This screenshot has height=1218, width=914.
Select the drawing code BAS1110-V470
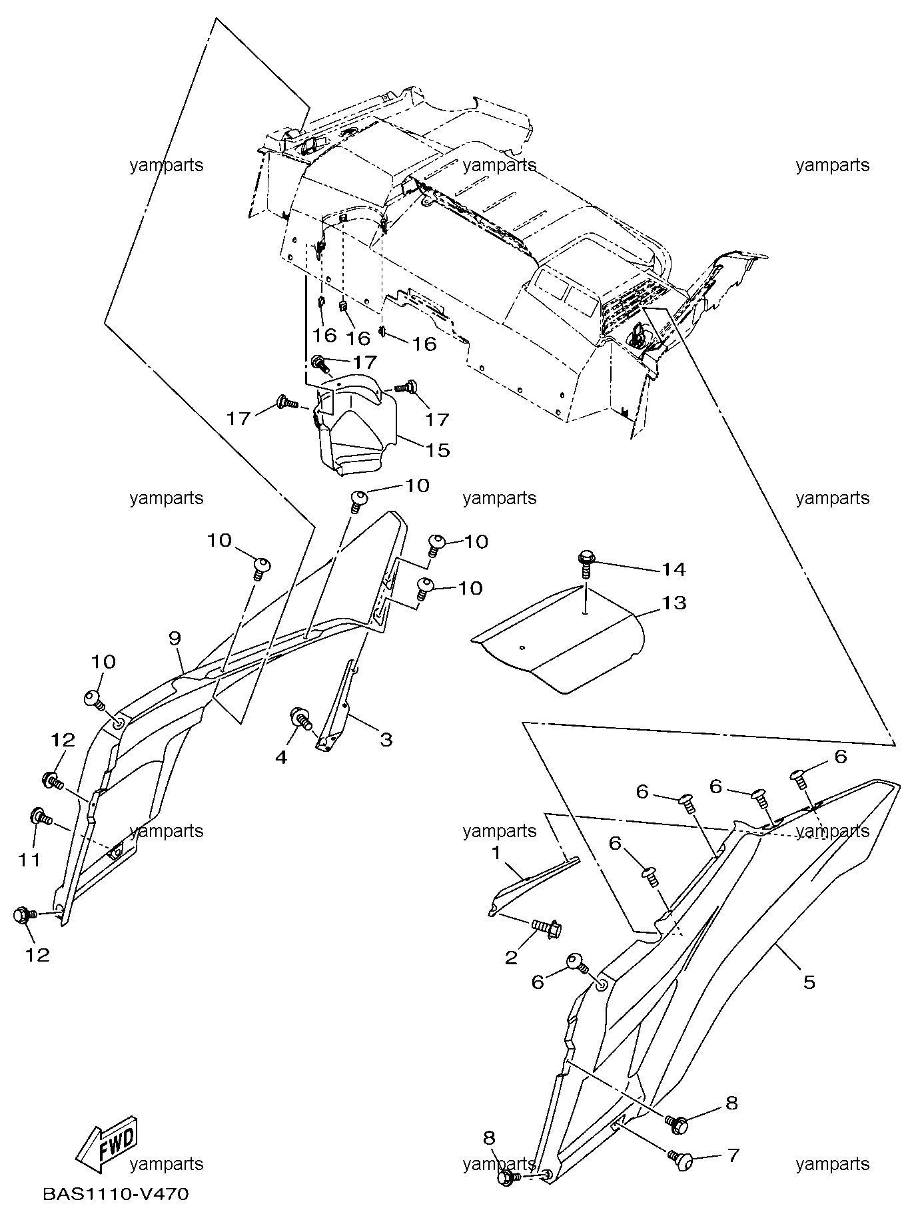[x=116, y=1194]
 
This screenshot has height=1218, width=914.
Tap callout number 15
[x=438, y=450]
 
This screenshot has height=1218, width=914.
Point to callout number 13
[x=674, y=603]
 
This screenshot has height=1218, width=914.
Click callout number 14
[x=674, y=569]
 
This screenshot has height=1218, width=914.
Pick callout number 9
[x=175, y=639]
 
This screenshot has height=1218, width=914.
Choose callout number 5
[x=809, y=982]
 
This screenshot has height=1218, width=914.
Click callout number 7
[x=732, y=1155]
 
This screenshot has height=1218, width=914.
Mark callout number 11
[x=29, y=860]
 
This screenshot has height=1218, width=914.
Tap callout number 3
[x=386, y=739]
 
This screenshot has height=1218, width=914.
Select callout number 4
[x=281, y=757]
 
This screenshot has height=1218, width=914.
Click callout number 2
[x=512, y=958]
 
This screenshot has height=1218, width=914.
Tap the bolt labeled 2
[x=546, y=926]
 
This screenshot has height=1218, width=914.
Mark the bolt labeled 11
[x=41, y=816]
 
